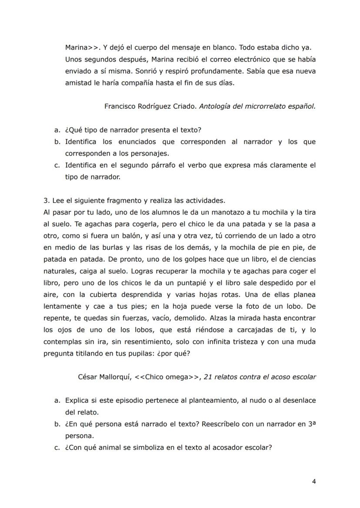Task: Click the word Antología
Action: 215,106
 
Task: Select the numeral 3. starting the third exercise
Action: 47,200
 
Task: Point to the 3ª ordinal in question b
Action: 311,423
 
